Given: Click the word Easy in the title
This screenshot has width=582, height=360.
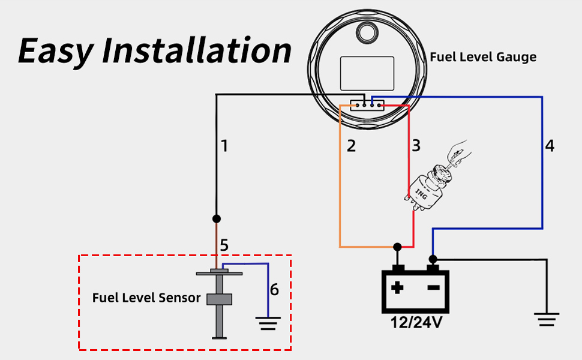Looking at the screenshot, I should (55, 51).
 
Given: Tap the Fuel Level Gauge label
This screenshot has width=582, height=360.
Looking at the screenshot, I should (483, 57).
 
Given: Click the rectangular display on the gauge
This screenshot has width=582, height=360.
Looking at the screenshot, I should (367, 73).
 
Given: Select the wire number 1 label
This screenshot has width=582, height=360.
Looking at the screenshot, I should (224, 146).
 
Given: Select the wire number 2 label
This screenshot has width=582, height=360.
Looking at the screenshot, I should (351, 146).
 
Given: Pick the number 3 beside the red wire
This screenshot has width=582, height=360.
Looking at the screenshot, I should (416, 146).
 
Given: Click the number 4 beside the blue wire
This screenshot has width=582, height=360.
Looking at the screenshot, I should (550, 146).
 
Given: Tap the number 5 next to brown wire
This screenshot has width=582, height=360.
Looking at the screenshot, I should (224, 245).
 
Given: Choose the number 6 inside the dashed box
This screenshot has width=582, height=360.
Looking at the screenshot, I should (274, 290).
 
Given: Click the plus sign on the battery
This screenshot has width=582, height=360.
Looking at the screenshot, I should (397, 287).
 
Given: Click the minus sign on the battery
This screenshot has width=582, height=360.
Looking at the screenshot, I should (433, 287).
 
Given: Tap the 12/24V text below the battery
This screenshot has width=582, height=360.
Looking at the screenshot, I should (416, 323).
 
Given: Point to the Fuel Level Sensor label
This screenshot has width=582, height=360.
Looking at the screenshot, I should (146, 298).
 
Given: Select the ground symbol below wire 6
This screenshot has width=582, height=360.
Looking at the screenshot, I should (268, 324).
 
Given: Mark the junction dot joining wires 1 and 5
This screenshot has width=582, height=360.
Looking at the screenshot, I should (217, 218).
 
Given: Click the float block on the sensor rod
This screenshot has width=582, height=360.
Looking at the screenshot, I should (219, 299).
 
